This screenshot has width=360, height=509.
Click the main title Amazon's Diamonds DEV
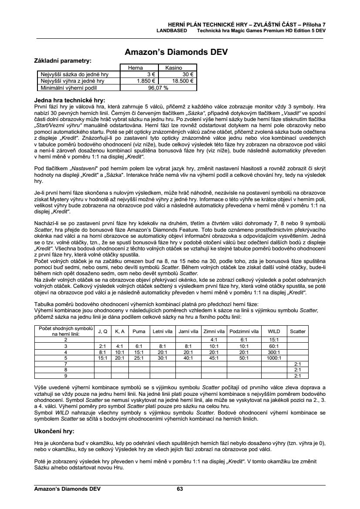176,52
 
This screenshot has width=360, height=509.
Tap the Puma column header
139,331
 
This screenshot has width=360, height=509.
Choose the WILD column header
274,331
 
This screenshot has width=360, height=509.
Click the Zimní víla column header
214,331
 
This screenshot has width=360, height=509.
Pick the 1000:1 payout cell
274,357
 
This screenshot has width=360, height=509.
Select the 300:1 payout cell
274,351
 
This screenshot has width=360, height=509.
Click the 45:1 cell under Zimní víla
214,357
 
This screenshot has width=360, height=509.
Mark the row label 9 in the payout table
66,375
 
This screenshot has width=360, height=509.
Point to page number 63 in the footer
180,489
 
